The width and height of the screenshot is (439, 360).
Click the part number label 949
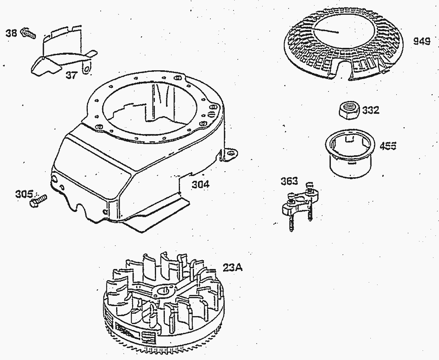421,42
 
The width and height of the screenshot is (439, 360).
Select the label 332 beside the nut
371,110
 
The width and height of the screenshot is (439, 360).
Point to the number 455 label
388,146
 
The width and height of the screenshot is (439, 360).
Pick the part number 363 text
289,181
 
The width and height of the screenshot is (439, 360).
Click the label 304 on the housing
201,184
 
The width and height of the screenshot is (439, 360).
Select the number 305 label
24,194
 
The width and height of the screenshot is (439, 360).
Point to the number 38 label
11,34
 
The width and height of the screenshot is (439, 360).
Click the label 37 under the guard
71,75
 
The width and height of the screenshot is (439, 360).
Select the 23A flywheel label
232,268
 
